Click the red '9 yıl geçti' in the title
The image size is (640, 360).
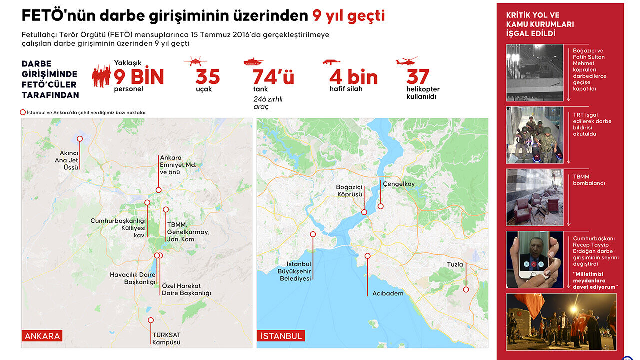point(348,16)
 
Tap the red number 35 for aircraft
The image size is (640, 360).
point(207,77)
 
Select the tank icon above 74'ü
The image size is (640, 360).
point(253,62)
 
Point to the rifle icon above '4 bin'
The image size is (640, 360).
point(331,62)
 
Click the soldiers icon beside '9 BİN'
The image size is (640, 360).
point(101,76)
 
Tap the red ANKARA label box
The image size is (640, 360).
point(42,336)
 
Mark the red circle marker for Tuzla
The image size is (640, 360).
point(466,289)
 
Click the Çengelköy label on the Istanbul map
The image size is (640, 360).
point(399,184)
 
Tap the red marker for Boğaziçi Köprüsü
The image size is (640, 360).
point(364,212)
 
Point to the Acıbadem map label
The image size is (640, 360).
point(388,293)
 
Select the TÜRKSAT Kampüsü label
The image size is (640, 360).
point(166,339)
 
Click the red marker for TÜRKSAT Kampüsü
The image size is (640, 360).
point(151,320)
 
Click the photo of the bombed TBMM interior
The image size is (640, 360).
point(535,197)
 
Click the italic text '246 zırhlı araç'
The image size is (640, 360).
point(268,103)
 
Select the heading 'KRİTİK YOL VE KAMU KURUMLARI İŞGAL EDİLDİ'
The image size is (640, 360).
point(540,24)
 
